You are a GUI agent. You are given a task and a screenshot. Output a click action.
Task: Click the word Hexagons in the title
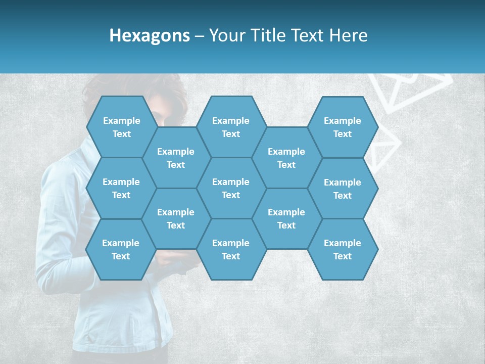[150, 35]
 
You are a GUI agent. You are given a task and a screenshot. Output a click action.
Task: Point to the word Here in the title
[349, 35]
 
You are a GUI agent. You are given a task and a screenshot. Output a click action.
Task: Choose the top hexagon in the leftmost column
[121, 127]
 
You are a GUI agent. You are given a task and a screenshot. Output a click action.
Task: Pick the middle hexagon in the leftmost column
[121, 188]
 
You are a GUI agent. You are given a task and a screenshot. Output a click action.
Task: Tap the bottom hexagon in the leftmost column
[121, 249]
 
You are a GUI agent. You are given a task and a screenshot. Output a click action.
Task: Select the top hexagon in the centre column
[231, 127]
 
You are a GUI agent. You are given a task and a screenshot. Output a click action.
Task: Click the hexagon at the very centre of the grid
[231, 188]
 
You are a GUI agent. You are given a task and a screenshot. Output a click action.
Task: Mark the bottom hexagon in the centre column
[231, 249]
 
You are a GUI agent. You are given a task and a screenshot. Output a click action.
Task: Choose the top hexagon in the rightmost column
[343, 127]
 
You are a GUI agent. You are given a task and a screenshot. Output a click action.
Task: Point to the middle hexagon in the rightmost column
[343, 189]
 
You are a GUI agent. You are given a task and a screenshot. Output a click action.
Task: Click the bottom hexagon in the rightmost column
[343, 249]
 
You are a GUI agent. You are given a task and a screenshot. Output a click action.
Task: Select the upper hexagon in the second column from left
[176, 158]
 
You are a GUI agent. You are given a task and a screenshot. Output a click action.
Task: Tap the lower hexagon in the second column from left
[176, 218]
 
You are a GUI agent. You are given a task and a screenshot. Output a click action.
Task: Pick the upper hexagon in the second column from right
[286, 158]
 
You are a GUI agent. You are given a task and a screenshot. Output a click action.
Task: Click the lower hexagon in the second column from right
[286, 218]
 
